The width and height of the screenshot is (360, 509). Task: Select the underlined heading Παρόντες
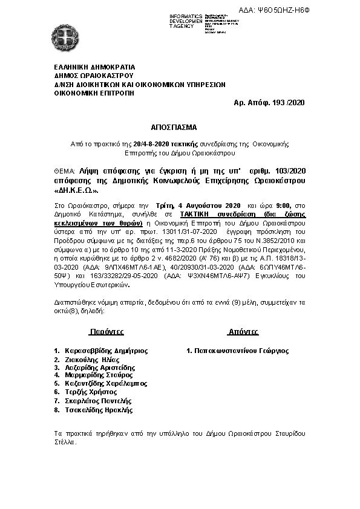click(x=106, y=332)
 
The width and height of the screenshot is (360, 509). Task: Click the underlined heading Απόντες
click(x=243, y=332)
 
